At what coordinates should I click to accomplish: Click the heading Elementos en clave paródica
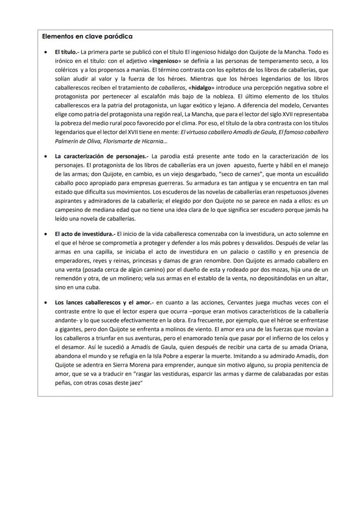tap(87, 37)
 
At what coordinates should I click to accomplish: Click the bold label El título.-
tap(67, 52)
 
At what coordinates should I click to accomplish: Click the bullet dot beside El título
tap(47, 52)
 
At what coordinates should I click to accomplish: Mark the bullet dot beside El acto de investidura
tap(47, 234)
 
